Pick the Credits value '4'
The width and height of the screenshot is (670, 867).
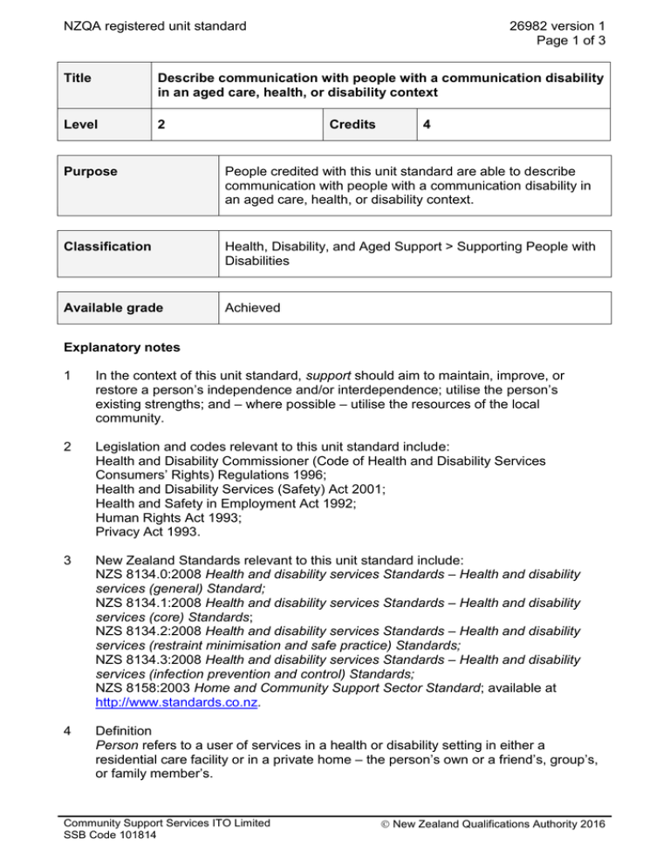[x=427, y=125]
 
